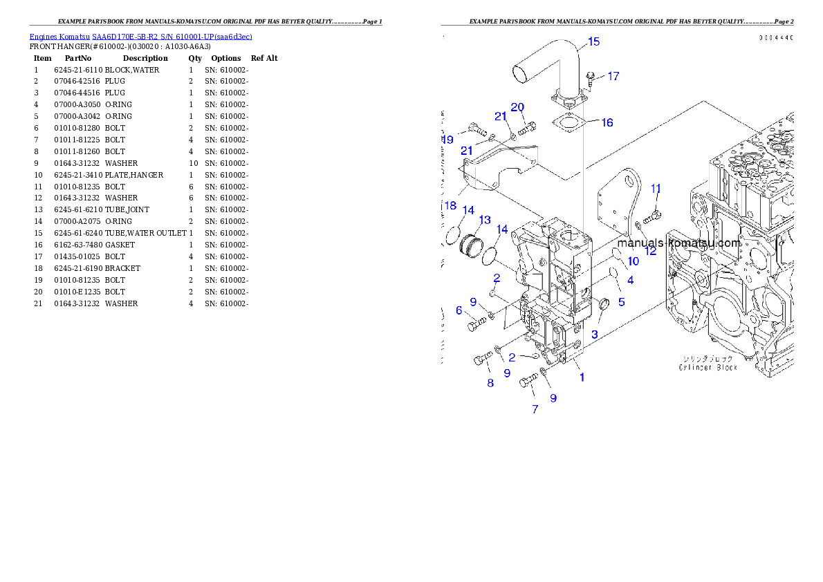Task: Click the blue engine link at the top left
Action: pyautogui.click(x=140, y=37)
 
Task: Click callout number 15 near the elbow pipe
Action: pyautogui.click(x=593, y=42)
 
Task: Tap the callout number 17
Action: pyautogui.click(x=613, y=77)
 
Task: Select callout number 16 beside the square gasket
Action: pyautogui.click(x=607, y=122)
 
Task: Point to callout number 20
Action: pyautogui.click(x=517, y=107)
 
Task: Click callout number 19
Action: pyautogui.click(x=447, y=140)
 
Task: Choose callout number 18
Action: pyautogui.click(x=450, y=206)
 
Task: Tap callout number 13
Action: pyautogui.click(x=484, y=220)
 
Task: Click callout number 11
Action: pyautogui.click(x=656, y=189)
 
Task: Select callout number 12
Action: pyautogui.click(x=650, y=251)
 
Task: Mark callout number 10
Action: pyautogui.click(x=633, y=261)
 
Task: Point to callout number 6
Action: pyautogui.click(x=459, y=311)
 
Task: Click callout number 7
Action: pyautogui.click(x=535, y=409)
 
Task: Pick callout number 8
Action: pyautogui.click(x=490, y=383)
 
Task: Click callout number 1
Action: pyautogui.click(x=582, y=377)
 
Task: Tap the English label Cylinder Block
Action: pyautogui.click(x=708, y=368)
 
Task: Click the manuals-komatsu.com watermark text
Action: pyautogui.click(x=678, y=243)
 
